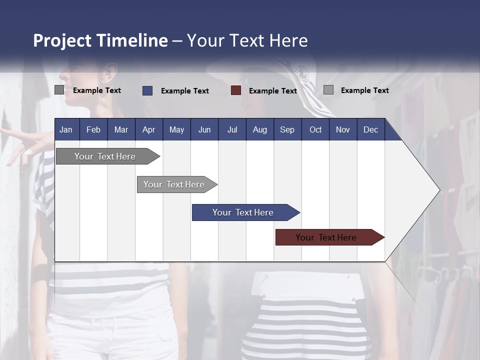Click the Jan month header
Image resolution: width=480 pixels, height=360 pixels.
click(66, 129)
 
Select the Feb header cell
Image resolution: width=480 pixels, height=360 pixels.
click(93, 129)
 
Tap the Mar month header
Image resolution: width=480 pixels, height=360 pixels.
click(121, 129)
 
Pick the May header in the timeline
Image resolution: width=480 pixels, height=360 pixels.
click(176, 129)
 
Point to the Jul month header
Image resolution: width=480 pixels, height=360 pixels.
click(232, 129)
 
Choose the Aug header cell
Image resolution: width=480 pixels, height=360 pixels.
click(260, 129)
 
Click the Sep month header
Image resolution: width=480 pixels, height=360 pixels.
click(287, 129)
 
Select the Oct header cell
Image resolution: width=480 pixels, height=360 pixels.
click(315, 129)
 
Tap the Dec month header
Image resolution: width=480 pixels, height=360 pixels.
click(371, 129)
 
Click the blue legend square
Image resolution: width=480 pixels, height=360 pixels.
click(147, 90)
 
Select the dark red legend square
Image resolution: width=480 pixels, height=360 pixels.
click(236, 90)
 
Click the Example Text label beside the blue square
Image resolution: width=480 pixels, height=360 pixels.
click(185, 91)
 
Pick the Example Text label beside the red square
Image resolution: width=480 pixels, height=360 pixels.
click(273, 91)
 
